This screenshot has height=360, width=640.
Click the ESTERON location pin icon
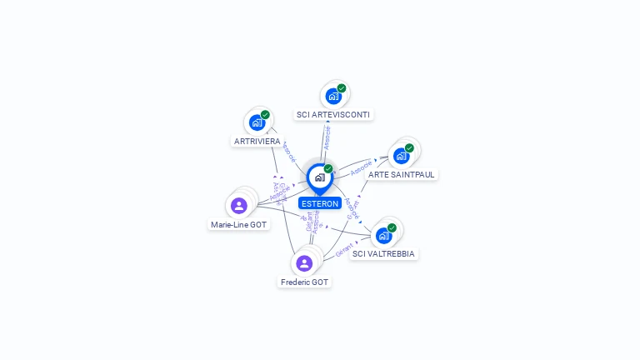[319, 177]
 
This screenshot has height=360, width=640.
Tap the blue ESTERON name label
[320, 203]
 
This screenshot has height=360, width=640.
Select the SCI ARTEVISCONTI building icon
[333, 96]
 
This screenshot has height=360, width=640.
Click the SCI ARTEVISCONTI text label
[334, 114]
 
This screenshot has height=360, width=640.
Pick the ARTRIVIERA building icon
[257, 122]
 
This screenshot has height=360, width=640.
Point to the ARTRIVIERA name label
[257, 141]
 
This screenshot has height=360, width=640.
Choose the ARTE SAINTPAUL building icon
[402, 156]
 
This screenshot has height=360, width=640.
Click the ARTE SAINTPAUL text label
[402, 174]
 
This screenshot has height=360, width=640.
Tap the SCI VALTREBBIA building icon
[383, 235]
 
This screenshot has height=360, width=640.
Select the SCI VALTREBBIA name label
[383, 253]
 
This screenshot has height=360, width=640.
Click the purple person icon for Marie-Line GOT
[239, 205]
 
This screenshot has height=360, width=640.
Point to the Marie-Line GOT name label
[239, 224]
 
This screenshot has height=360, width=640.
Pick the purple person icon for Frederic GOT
[304, 263]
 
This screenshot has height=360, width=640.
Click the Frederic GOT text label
[305, 282]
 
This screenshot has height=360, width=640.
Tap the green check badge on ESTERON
[328, 168]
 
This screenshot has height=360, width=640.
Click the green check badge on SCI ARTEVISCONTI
[342, 87]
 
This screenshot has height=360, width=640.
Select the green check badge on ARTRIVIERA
[265, 114]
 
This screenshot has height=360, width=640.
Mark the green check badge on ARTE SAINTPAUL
[409, 147]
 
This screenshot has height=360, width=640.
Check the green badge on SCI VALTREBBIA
[392, 227]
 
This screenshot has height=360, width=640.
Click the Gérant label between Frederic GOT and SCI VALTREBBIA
[342, 248]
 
